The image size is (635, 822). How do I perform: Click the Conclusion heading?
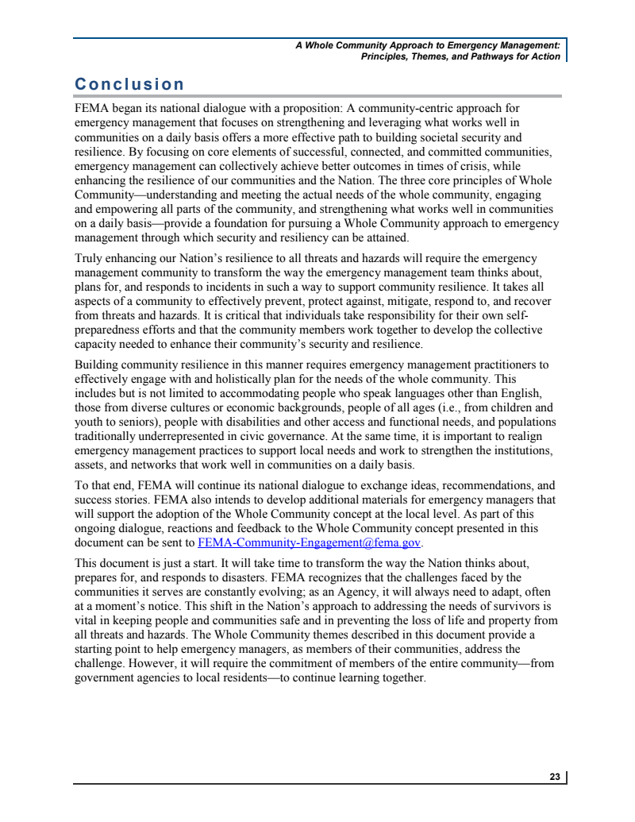coord(129,84)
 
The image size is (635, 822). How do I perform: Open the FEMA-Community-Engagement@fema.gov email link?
coord(310,543)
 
